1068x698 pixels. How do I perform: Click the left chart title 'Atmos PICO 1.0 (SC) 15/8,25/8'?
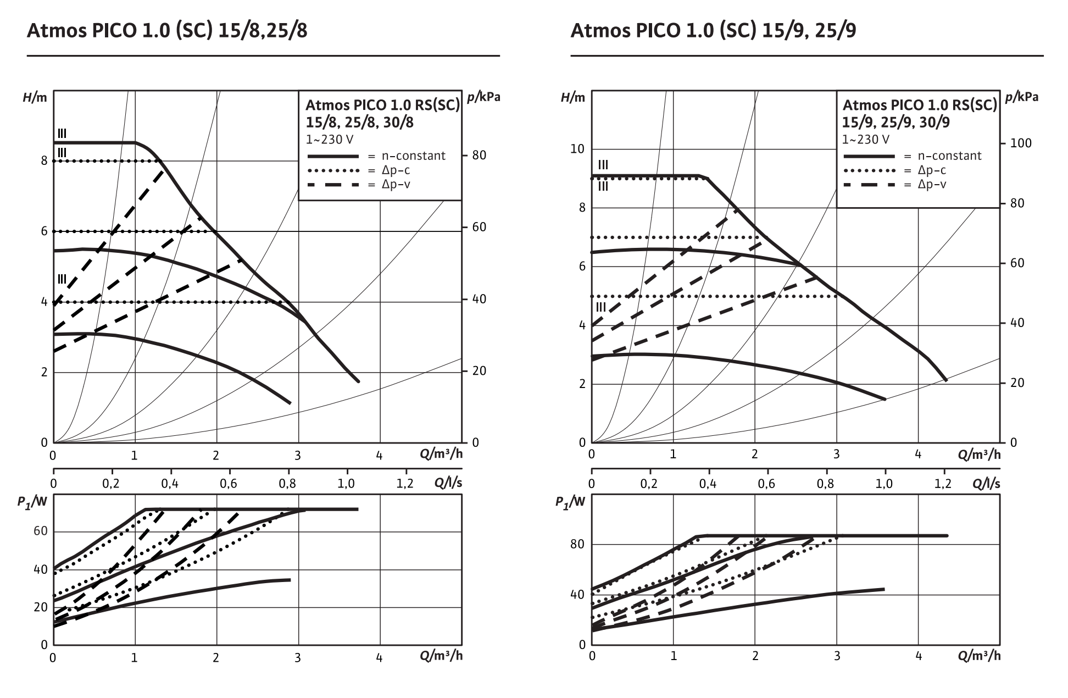(x=167, y=31)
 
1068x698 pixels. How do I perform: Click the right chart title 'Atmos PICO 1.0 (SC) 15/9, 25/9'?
(x=713, y=31)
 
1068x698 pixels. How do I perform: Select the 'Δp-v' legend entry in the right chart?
(x=932, y=185)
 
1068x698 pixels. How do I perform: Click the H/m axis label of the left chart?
(x=35, y=98)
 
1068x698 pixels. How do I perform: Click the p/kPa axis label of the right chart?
(x=1022, y=98)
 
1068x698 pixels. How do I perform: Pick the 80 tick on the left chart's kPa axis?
(x=479, y=156)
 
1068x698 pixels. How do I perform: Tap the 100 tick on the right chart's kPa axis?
(x=1021, y=143)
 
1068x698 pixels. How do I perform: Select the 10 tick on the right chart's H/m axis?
(x=577, y=149)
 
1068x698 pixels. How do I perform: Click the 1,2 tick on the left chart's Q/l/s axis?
(x=405, y=484)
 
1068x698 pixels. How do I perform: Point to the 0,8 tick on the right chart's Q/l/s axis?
(x=825, y=484)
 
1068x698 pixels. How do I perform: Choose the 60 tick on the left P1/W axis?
(x=41, y=531)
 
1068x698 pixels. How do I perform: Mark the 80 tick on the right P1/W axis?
(x=577, y=545)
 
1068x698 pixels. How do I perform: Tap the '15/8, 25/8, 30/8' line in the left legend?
(x=359, y=123)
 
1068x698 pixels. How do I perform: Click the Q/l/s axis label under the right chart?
(x=986, y=484)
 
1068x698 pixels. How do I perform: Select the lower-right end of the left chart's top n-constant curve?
(x=358, y=381)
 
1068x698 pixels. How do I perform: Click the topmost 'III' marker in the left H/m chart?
(x=62, y=134)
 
